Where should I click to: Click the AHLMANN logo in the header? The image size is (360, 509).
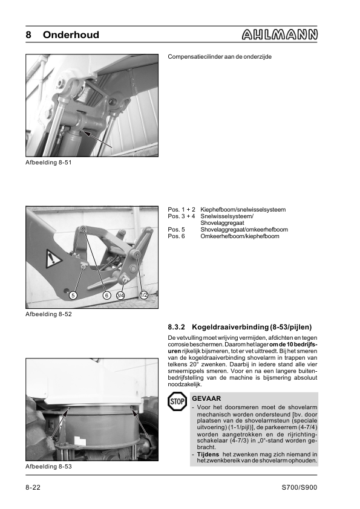[280, 34]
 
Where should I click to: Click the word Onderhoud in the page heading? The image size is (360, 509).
[71, 34]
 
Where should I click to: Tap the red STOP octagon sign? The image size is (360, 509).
[177, 401]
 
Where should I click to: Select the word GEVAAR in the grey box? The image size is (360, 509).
[206, 398]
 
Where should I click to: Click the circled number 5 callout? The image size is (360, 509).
[73, 295]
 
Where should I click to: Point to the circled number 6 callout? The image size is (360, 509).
[106, 295]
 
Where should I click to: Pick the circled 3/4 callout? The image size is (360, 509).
[120, 295]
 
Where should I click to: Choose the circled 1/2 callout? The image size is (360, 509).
[143, 295]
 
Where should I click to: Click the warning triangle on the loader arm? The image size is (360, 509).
[53, 258]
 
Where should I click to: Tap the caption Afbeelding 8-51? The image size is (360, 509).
[48, 162]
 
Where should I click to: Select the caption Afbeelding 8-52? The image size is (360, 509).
[48, 314]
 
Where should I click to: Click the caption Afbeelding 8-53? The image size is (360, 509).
[48, 466]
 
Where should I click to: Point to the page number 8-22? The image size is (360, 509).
[33, 487]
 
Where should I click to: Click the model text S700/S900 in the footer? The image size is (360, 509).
[299, 487]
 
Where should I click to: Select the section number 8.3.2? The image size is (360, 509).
[177, 327]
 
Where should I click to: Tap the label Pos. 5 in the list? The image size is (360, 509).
[177, 230]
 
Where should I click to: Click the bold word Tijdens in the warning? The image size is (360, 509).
[208, 454]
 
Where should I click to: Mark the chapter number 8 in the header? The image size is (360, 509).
[28, 34]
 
